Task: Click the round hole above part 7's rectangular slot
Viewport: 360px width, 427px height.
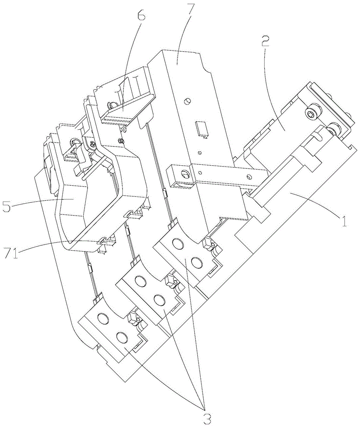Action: point(187,101)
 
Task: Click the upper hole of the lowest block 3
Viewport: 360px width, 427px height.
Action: point(102,319)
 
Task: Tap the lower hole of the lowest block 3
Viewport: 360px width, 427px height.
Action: point(121,338)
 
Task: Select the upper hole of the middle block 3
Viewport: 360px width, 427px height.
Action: point(139,281)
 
